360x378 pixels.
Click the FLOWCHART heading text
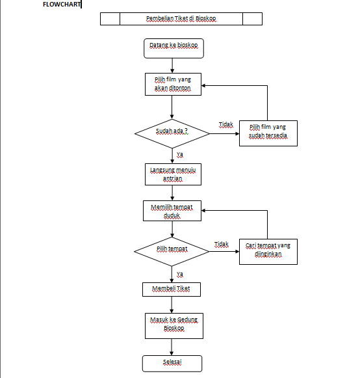tap(62, 5)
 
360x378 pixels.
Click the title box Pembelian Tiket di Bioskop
tap(181, 19)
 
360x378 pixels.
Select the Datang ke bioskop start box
tap(172, 47)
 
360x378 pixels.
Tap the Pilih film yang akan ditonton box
tap(172, 84)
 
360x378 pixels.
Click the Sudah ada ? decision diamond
tap(172, 132)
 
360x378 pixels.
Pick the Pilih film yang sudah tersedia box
tap(268, 132)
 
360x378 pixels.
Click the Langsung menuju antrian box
tap(172, 173)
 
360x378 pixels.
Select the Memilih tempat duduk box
tap(172, 211)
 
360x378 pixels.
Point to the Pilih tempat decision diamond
tap(172, 250)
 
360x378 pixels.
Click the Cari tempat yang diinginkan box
tap(268, 250)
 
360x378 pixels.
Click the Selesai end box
tap(172, 363)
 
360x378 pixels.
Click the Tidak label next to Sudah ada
tap(225, 124)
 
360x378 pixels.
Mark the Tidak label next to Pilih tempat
tap(221, 245)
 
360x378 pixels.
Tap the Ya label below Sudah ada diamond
tap(179, 154)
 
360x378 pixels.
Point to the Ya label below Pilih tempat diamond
tap(179, 274)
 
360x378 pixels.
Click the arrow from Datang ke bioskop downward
tap(172, 64)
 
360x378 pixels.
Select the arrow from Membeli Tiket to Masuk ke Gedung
tap(172, 304)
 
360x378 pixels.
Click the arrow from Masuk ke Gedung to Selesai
tap(172, 346)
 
